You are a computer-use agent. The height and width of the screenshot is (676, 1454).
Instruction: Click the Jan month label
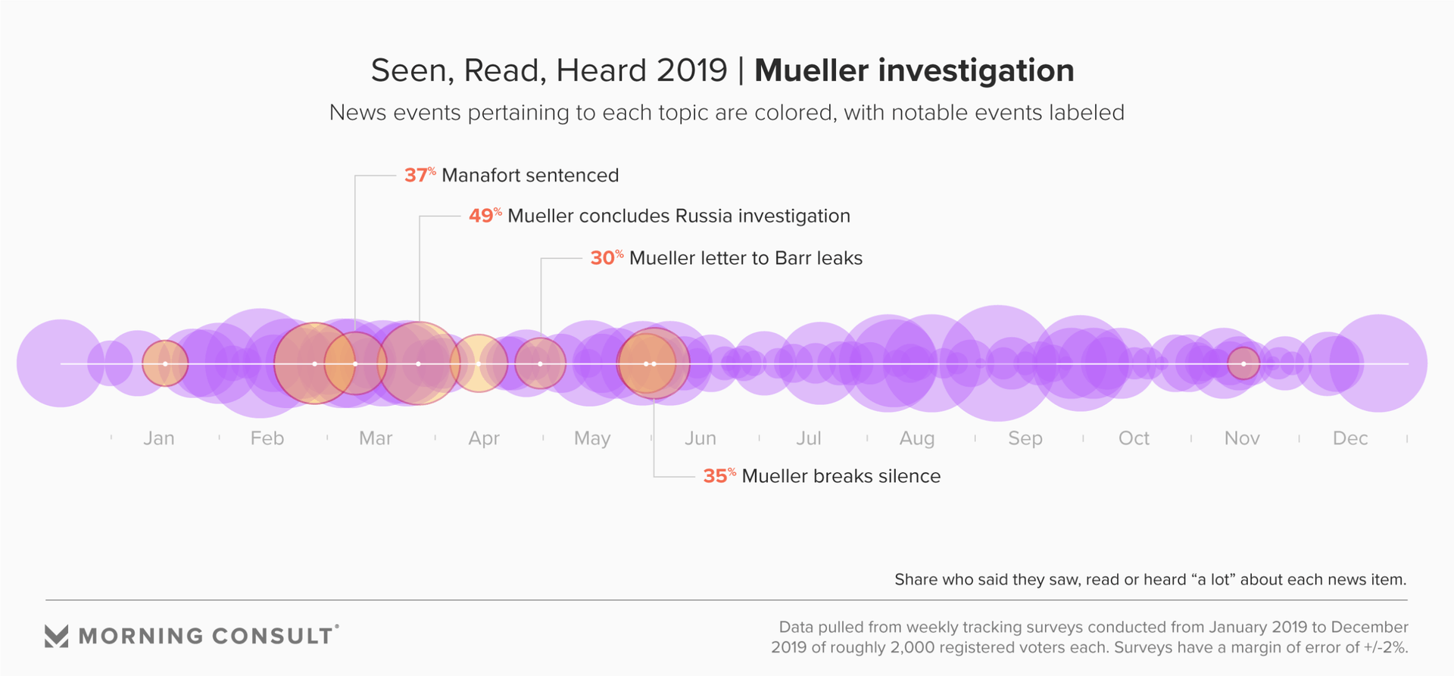[x=159, y=438]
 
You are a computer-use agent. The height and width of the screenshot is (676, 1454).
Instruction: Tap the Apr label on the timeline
[x=484, y=438]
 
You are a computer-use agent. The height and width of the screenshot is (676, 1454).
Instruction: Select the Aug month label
[x=917, y=438]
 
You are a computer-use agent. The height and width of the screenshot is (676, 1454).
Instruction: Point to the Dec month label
[x=1350, y=438]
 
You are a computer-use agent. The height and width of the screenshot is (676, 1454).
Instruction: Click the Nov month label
[x=1242, y=438]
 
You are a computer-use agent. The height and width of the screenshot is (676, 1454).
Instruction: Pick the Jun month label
[x=700, y=438]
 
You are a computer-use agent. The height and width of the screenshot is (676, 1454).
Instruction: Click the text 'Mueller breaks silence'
[x=841, y=476]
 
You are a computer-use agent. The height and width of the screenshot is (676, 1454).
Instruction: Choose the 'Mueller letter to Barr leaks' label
[x=746, y=258]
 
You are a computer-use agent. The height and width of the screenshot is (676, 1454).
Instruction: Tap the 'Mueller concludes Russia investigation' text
[x=679, y=216]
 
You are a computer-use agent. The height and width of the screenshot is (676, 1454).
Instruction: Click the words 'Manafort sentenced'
[x=530, y=176]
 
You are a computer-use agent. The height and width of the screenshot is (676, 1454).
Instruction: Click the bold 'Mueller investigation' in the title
[x=914, y=70]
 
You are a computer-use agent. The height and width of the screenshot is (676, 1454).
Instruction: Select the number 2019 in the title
[x=692, y=70]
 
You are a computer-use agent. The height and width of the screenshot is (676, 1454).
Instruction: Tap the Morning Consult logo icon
[x=57, y=636]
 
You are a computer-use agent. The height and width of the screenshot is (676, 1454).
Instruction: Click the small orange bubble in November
[x=1243, y=364]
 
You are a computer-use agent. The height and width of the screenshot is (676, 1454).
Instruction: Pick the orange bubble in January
[x=165, y=364]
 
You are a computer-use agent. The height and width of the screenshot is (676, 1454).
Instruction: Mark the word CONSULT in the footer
[x=272, y=636]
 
